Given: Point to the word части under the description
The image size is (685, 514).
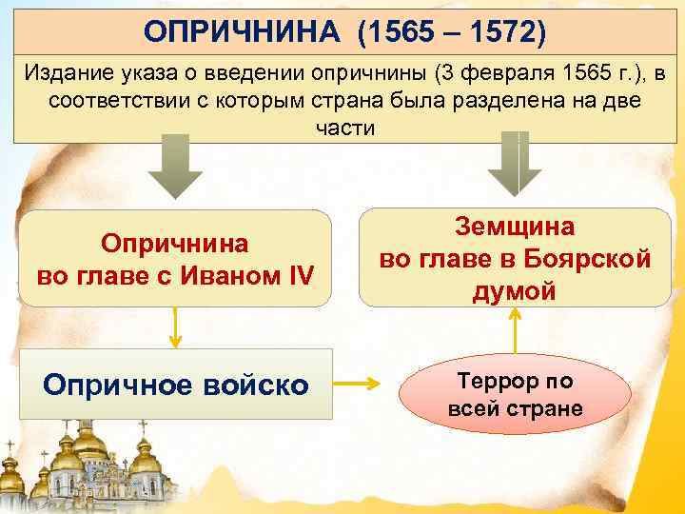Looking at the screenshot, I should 344,127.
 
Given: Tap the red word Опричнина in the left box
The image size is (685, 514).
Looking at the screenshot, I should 176,243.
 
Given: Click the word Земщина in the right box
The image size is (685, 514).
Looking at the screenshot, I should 515,227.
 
